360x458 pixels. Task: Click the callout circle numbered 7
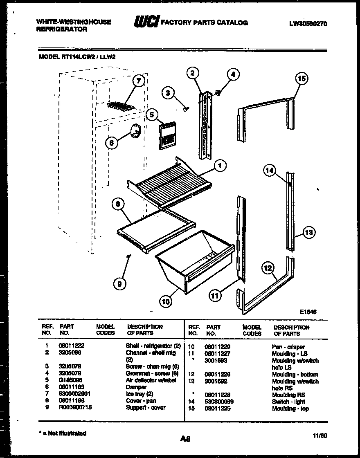pyautogui.click(x=139, y=81)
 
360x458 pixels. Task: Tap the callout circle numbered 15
pyautogui.click(x=301, y=79)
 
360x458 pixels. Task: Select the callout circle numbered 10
pyautogui.click(x=166, y=302)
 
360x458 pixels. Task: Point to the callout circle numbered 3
pyautogui.click(x=167, y=93)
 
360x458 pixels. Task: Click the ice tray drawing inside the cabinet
pyautogui.click(x=120, y=106)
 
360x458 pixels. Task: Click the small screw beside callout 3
pyautogui.click(x=186, y=108)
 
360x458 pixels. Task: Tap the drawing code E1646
pyautogui.click(x=308, y=312)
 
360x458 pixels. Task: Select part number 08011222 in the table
pyautogui.click(x=72, y=346)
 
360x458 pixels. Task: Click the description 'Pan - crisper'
pyautogui.click(x=288, y=347)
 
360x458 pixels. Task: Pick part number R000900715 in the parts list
pyautogui.click(x=76, y=408)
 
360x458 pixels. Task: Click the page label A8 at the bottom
pyautogui.click(x=185, y=439)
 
